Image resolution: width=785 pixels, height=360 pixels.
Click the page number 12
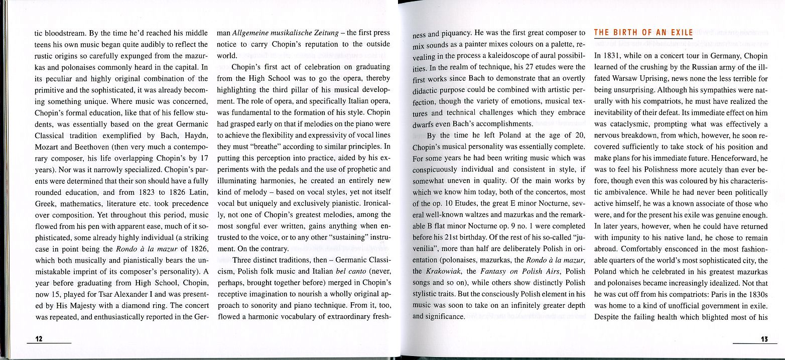[38, 339]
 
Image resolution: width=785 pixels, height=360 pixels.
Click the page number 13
[764, 339]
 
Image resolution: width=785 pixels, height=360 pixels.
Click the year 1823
[137, 191]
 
